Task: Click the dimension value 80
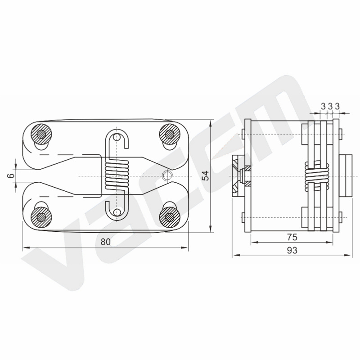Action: tap(106, 242)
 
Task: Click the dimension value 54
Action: tap(206, 175)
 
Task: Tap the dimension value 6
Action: tap(11, 176)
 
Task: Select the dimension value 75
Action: tap(292, 237)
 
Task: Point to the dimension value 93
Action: tap(292, 250)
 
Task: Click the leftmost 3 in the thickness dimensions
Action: tap(323, 106)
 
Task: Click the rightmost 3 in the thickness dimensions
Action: tap(337, 106)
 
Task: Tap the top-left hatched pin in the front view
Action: tap(41, 134)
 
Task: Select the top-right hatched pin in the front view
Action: tap(170, 134)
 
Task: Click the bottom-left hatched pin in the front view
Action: tap(41, 217)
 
